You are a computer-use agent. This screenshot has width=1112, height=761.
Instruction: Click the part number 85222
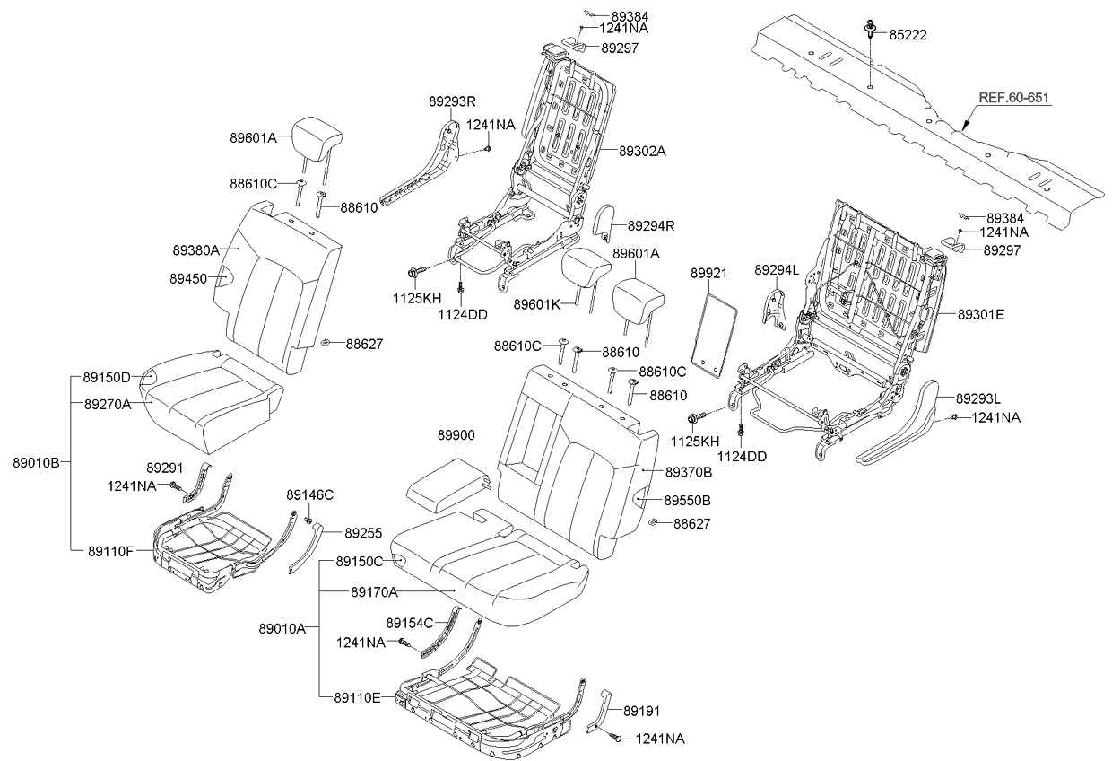908,35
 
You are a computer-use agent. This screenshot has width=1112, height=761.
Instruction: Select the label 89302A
642,151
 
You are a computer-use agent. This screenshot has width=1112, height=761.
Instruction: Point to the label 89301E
981,314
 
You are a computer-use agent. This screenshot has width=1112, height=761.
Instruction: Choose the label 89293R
452,102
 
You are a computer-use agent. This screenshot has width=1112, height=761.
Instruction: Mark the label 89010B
36,463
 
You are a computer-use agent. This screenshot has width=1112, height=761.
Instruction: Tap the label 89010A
282,628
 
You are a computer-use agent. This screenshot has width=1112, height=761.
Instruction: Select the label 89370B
689,471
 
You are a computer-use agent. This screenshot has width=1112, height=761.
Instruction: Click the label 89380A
196,249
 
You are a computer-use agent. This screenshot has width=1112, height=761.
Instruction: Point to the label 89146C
310,494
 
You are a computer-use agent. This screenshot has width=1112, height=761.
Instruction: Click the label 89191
641,709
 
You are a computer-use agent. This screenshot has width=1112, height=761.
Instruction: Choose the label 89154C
410,623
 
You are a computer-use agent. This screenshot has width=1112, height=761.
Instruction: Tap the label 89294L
778,269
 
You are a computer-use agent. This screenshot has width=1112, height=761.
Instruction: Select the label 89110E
358,697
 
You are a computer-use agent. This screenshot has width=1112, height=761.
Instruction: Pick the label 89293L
978,398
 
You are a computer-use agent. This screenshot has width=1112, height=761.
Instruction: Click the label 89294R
651,225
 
